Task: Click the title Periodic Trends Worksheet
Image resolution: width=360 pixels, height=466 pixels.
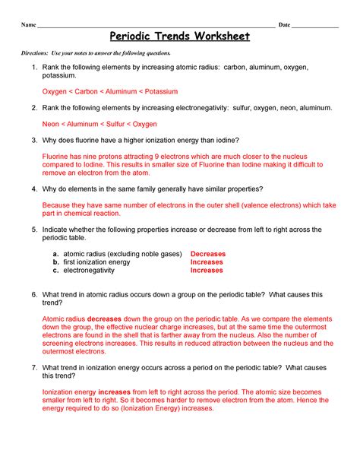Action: pos(179,36)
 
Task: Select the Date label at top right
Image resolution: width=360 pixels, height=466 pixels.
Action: pos(284,25)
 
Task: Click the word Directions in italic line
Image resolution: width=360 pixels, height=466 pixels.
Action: pos(36,53)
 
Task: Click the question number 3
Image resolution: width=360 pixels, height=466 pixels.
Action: pos(34,140)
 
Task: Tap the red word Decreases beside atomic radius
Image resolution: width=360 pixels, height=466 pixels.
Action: pos(208,254)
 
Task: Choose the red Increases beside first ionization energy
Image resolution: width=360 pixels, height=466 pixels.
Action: pos(207,262)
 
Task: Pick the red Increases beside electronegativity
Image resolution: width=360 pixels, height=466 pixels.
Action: pos(207,270)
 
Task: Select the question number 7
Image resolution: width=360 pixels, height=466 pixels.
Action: pos(34,367)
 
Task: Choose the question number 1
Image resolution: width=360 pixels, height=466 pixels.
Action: pos(34,68)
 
